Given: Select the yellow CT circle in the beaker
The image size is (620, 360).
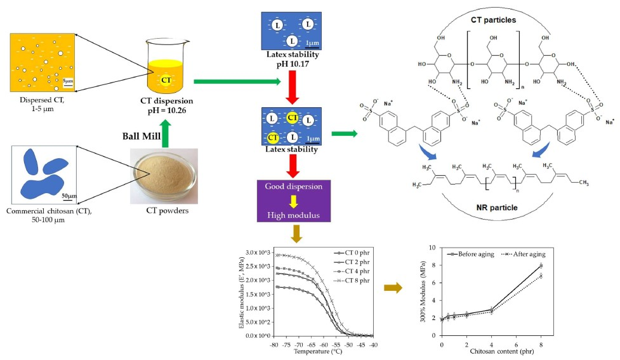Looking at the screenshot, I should pos(166,81).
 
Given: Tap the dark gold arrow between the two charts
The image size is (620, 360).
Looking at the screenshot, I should pos(393,288).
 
